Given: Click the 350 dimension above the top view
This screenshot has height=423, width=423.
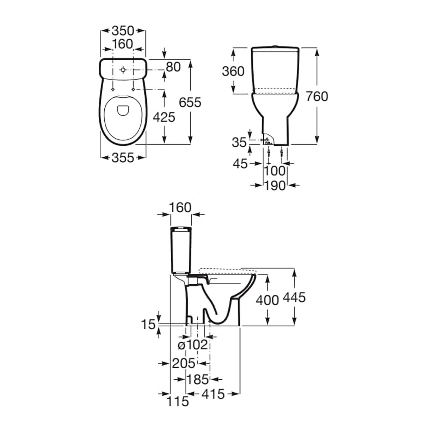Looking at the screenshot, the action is pos(123,31).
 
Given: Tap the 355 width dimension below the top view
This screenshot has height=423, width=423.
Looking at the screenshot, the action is pos(123,158).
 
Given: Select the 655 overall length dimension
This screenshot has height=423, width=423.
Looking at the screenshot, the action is pos(190,103).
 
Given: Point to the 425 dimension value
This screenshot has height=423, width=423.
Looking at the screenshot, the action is pos(164,117).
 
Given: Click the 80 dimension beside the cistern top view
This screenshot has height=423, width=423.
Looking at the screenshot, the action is pos(173,67).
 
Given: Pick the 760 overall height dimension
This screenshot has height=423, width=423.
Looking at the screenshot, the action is pos(317,96).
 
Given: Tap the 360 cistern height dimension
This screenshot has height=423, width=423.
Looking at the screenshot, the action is pos(233,71).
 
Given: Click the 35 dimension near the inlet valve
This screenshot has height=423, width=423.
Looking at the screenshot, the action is pos(239,143).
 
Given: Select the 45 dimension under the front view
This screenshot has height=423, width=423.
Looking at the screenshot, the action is pos(240,164).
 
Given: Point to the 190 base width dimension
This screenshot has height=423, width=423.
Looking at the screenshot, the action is pos(275,186).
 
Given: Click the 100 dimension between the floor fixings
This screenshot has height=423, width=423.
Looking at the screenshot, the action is pos(275,171).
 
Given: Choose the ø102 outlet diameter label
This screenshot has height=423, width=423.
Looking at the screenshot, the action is pos(193,345).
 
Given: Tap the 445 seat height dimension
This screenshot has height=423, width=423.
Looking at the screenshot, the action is pos(294,298).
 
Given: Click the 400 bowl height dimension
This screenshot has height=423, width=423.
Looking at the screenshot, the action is pos(267,300).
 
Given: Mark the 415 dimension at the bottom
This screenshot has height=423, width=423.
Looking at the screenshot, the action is pos(213,394).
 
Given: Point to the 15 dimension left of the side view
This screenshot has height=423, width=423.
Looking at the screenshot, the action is pos(148,325).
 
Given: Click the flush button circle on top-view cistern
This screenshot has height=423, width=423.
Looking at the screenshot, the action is pos(123,70).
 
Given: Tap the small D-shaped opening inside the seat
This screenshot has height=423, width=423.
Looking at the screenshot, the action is pos(124,111).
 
